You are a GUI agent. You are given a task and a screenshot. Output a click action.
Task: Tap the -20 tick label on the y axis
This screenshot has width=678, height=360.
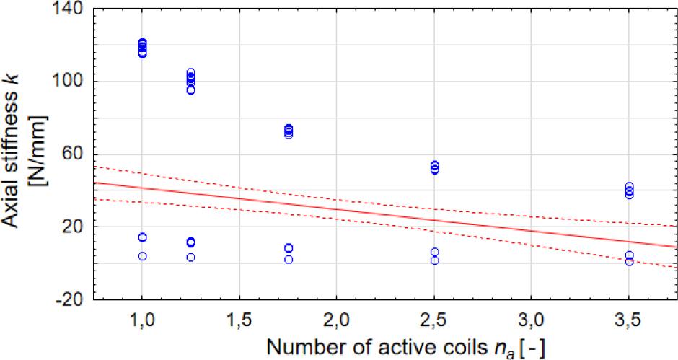(x=71, y=299)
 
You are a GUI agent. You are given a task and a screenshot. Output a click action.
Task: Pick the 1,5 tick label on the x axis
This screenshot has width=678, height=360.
(x=239, y=318)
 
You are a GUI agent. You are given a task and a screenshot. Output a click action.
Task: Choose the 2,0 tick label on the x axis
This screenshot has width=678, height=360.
(x=337, y=318)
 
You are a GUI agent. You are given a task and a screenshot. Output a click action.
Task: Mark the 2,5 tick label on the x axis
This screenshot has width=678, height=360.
(x=434, y=318)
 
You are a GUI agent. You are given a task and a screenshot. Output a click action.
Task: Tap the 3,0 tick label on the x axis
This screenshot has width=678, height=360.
(x=532, y=318)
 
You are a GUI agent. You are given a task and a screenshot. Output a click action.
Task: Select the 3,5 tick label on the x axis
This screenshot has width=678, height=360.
(x=629, y=318)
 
